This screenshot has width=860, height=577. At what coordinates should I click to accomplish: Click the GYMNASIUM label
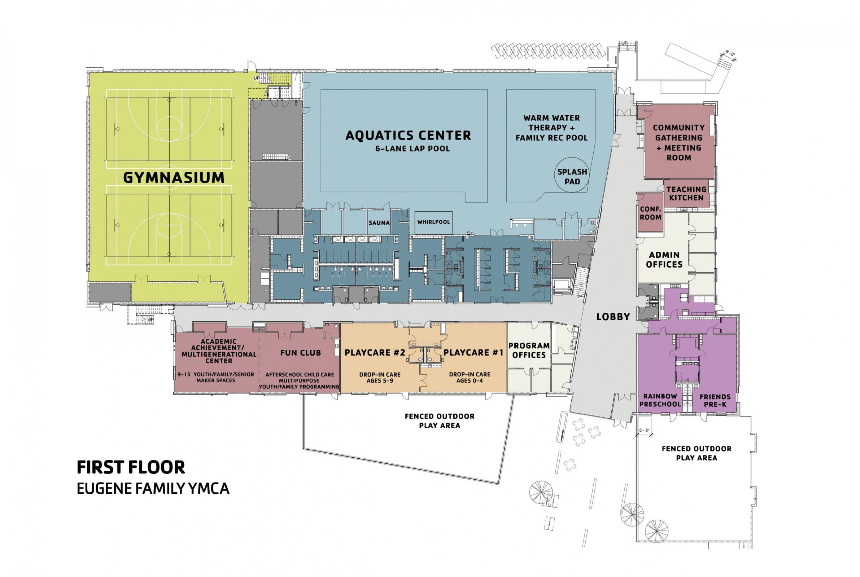[173, 178]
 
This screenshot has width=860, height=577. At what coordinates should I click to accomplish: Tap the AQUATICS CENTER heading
[408, 136]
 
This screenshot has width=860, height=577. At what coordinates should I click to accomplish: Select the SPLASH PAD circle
[572, 177]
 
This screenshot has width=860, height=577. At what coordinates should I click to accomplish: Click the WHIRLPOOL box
[433, 222]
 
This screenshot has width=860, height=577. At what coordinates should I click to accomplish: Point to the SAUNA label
[379, 223]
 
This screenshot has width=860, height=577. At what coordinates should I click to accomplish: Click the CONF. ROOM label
[650, 213]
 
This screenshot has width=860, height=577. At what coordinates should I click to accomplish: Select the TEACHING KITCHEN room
[686, 194]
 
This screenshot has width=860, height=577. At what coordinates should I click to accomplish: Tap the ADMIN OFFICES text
[664, 259]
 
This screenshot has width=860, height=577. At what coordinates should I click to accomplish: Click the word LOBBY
[613, 317]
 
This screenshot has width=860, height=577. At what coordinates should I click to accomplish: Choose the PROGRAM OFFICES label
[529, 350]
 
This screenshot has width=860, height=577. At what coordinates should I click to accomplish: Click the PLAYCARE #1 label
[473, 353]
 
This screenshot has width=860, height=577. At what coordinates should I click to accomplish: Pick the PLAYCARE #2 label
[374, 353]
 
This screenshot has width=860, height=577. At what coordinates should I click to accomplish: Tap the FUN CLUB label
[300, 353]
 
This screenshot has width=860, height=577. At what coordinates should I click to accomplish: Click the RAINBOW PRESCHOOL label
[660, 400]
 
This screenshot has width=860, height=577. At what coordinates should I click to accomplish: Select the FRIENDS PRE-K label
[715, 400]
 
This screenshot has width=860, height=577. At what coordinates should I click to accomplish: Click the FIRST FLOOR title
[131, 467]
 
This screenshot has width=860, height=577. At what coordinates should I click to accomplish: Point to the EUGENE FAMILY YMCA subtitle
[153, 488]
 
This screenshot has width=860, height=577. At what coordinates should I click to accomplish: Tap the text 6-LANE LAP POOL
[408, 149]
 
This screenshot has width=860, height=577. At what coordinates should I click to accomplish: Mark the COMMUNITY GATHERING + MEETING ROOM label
[678, 142]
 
